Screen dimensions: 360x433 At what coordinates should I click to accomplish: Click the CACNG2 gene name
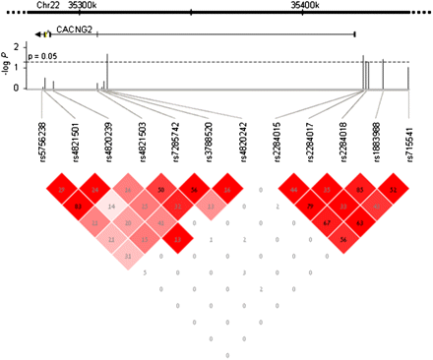coord(74,30)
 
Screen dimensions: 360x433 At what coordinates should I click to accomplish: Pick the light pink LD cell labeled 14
coord(112,207)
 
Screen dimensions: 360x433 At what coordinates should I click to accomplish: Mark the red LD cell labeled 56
coord(343,239)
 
